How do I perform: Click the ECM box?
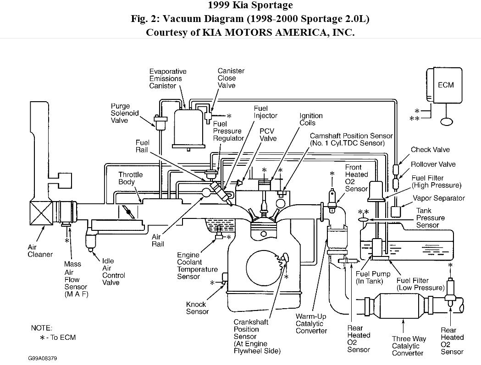444,85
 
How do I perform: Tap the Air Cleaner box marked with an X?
41,213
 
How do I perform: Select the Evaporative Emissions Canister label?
168,78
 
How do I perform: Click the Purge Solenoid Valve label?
125,113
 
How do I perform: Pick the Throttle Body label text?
130,178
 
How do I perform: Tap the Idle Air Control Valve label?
114,272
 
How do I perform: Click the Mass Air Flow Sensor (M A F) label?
76,279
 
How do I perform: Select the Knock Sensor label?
197,308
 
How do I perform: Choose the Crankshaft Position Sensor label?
257,336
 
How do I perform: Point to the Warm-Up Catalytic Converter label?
311,323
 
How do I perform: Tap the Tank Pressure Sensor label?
431,218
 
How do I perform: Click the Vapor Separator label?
439,198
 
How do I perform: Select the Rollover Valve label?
433,164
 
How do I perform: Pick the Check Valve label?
430,150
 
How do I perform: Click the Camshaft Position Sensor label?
351,139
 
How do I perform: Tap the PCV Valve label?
268,135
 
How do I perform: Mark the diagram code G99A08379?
42,358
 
